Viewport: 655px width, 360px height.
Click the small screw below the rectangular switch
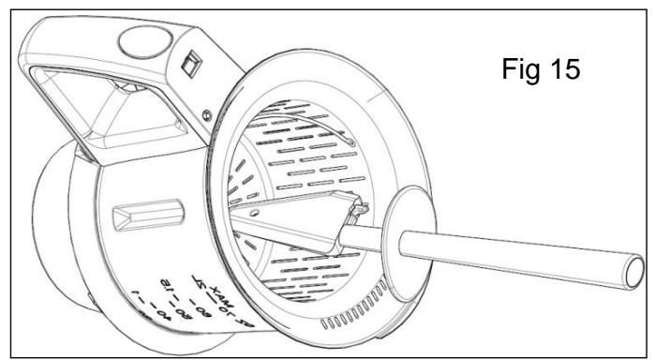pos(204,114)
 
